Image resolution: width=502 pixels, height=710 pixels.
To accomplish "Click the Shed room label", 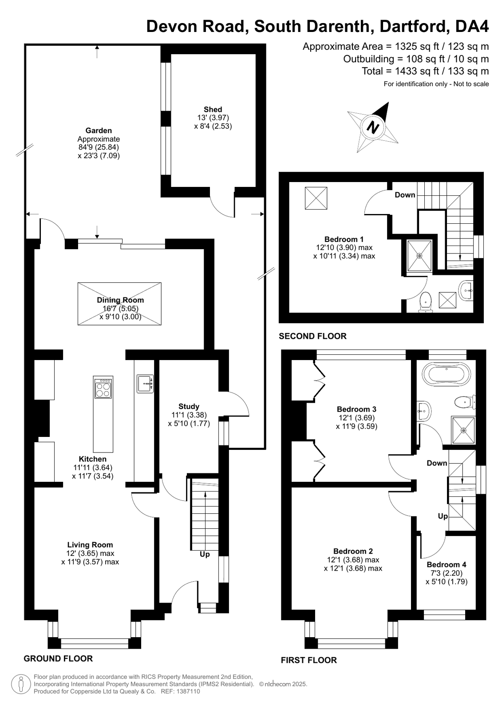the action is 213,109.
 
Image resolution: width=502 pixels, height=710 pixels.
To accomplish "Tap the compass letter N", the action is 373,127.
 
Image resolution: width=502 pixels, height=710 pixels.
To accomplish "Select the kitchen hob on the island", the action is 103,388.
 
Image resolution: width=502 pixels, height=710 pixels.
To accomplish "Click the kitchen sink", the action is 145,384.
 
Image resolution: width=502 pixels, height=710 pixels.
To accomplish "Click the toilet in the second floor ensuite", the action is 425,302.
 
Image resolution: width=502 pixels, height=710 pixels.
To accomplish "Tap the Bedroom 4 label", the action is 446,564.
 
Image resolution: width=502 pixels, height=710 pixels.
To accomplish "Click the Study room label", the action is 189,406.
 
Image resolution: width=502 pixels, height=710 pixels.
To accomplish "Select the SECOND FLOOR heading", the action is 312,336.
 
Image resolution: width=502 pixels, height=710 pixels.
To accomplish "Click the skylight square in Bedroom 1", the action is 316,198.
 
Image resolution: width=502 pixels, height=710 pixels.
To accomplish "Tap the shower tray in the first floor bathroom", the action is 464,430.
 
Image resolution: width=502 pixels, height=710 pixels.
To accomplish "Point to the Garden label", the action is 99,130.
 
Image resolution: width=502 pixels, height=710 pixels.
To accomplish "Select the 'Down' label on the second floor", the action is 405,195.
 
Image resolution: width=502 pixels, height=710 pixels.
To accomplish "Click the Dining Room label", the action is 120,300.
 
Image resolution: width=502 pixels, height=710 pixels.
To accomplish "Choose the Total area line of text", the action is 425,71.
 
